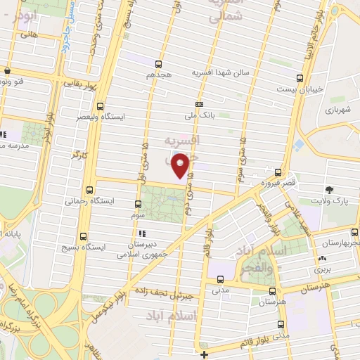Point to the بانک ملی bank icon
pyautogui.click(x=199, y=104)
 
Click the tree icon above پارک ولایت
pyautogui.click(x=329, y=190)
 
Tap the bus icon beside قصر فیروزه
pyautogui.click(x=278, y=173)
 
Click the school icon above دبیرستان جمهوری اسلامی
pyautogui.click(x=142, y=233)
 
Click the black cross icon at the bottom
pyautogui.click(x=204, y=354)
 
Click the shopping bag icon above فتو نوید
pyautogui.click(x=7, y=71)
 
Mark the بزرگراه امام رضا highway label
pyautogui.click(x=22, y=310)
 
